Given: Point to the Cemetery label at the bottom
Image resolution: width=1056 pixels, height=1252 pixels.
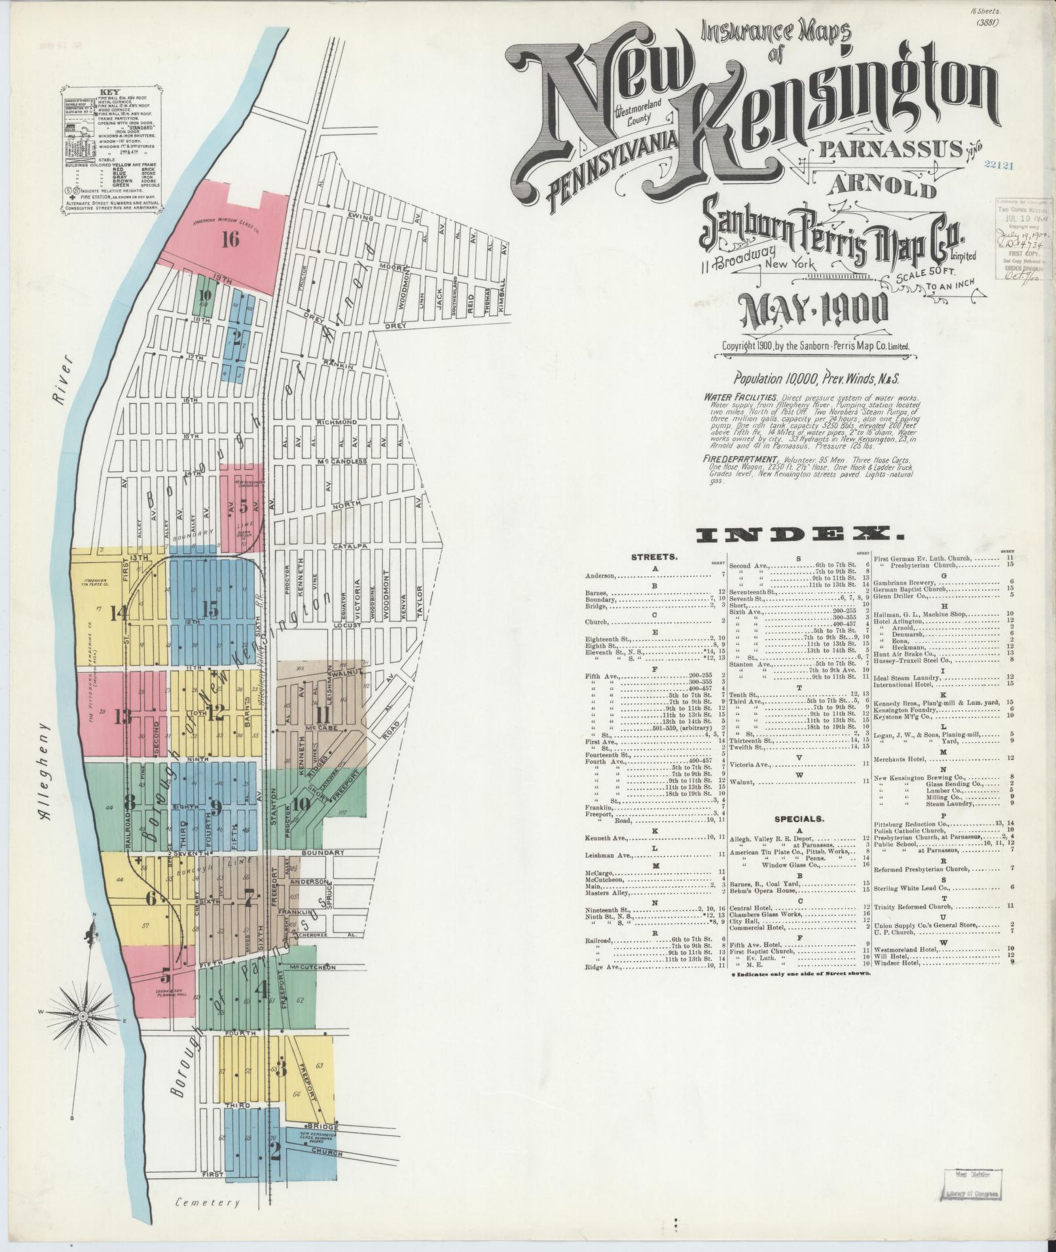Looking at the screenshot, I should pyautogui.click(x=209, y=1202).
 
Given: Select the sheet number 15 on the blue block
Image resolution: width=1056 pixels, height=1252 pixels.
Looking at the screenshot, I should pyautogui.click(x=210, y=609).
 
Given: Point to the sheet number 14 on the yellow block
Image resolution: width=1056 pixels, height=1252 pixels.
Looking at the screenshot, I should pyautogui.click(x=119, y=613).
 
